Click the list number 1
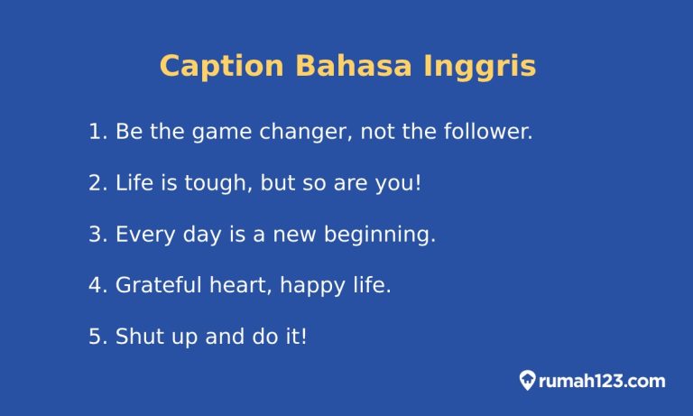tap(97, 132)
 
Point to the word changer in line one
tap(304, 132)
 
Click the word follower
tap(487, 132)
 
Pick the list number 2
tap(97, 183)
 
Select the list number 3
tap(97, 235)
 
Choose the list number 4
tap(97, 286)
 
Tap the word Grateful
tap(158, 286)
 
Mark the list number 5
tap(97, 337)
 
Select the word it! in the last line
tap(295, 337)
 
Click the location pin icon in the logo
tap(528, 381)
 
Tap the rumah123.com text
tap(602, 381)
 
